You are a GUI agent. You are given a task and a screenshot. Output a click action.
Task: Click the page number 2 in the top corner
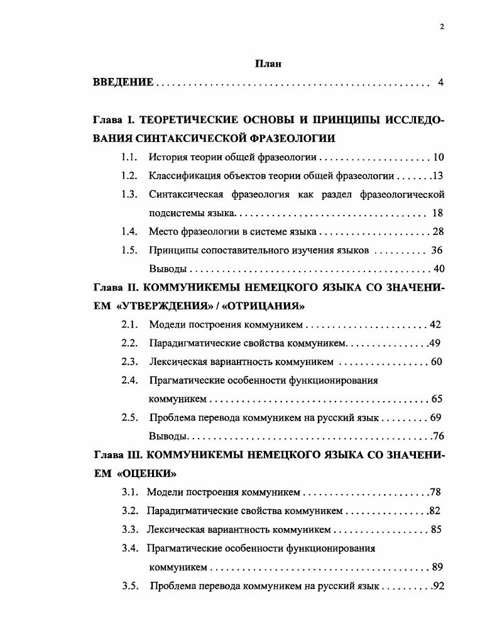442,26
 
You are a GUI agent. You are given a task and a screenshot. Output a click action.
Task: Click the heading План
268,63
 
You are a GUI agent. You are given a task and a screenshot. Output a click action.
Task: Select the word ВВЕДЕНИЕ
123,82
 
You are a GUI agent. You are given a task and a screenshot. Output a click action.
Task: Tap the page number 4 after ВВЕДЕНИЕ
440,82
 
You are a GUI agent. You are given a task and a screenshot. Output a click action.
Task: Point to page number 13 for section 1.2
437,176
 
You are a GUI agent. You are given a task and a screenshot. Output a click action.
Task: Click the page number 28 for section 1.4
438,231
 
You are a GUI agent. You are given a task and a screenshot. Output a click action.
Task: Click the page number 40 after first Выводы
439,269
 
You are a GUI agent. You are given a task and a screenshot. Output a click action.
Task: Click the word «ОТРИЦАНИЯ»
267,306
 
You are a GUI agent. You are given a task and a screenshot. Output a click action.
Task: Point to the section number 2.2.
129,343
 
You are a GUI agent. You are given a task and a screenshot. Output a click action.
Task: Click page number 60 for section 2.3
437,362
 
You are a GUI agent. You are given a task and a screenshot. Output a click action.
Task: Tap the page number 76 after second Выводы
438,436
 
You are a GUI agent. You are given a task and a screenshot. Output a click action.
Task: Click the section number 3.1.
129,492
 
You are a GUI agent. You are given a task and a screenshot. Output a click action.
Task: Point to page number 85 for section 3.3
436,529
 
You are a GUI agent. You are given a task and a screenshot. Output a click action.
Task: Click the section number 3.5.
129,586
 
